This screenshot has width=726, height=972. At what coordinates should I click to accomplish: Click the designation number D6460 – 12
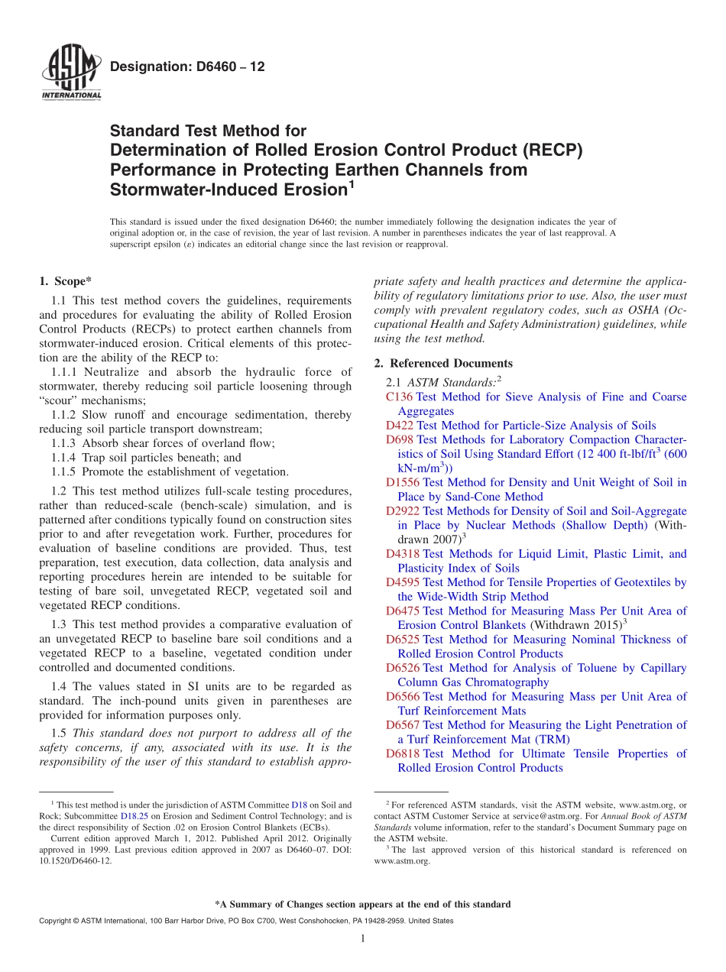tap(187, 67)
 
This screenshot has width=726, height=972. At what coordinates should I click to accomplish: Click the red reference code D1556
tap(403, 482)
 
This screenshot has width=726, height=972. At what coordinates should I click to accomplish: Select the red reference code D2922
tap(403, 510)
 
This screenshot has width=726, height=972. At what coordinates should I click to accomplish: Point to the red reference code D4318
tap(403, 553)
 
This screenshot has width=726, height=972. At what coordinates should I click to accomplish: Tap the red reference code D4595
tap(403, 582)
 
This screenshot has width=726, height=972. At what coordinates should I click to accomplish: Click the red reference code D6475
tap(403, 611)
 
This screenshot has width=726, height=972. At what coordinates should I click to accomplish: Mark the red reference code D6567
tap(403, 724)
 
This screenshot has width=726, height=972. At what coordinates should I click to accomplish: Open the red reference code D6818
tap(403, 753)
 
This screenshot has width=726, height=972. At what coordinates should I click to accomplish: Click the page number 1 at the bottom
tap(363, 939)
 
